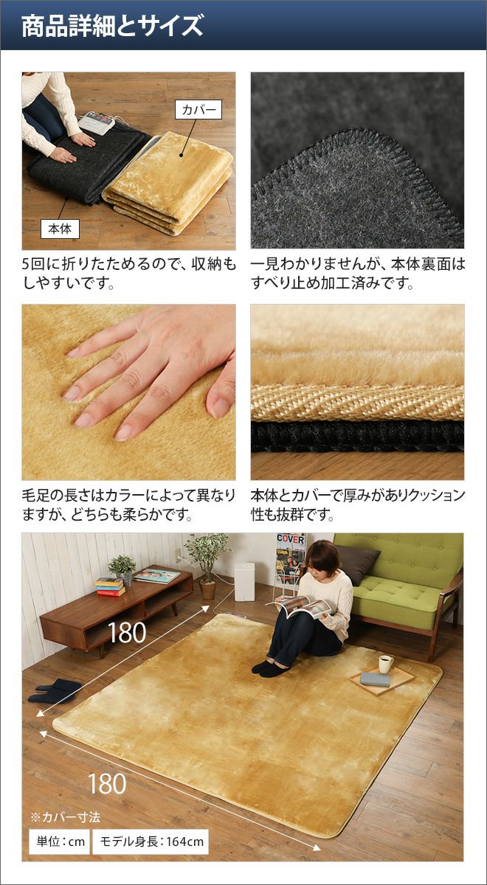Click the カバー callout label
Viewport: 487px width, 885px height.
coord(198,109)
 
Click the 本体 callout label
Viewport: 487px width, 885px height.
coord(60,229)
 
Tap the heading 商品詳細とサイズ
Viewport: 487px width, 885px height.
coord(112,26)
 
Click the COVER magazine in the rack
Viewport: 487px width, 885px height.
coord(291,559)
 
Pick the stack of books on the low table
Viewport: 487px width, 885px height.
coord(110,587)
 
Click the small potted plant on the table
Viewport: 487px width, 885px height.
coord(122,569)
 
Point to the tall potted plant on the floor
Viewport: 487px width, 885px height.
coord(207,566)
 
